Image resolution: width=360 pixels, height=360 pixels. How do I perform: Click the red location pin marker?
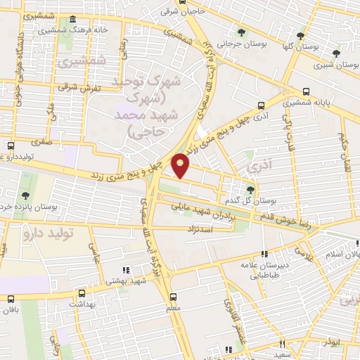click(181, 166)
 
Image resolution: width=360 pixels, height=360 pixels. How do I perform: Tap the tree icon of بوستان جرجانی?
click(242, 32)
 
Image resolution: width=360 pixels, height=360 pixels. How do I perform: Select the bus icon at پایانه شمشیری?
click(305, 91)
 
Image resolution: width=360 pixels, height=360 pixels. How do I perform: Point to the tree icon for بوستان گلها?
click(301, 35)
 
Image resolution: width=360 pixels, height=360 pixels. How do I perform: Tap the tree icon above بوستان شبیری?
click(336, 53)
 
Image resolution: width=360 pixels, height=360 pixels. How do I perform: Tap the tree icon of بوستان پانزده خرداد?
click(25, 195)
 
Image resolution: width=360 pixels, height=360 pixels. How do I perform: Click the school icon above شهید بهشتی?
click(126, 270)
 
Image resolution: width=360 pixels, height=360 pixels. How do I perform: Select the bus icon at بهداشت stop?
click(82, 294)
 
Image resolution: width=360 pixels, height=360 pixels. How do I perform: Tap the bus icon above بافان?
click(9, 299)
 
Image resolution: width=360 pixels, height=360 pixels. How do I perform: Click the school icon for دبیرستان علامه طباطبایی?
click(264, 255)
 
